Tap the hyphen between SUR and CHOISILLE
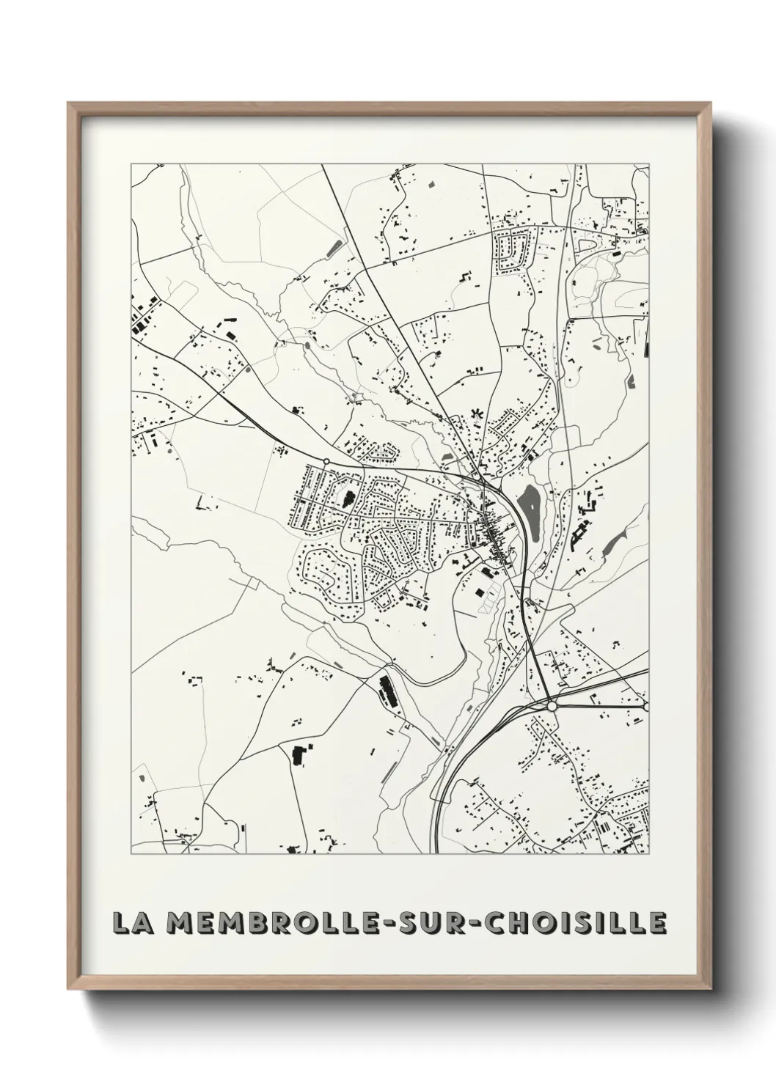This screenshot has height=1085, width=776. [x=490, y=923]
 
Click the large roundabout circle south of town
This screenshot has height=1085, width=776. [x=552, y=705]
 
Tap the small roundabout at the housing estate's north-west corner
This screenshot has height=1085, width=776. [x=326, y=462]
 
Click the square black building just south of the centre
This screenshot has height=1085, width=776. [x=481, y=592]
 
